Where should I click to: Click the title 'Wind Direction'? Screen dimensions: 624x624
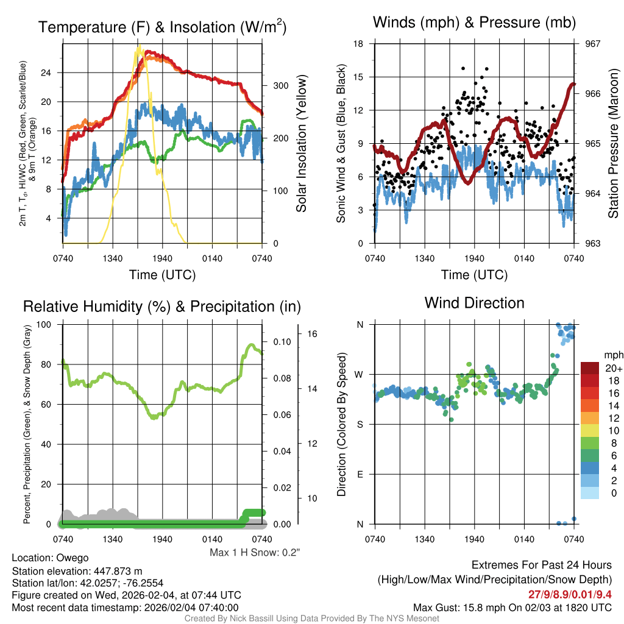click(474, 303)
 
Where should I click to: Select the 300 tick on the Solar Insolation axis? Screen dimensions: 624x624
click(280, 85)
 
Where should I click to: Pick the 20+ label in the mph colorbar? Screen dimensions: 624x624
click(613, 369)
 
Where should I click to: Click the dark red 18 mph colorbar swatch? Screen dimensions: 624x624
click(590, 380)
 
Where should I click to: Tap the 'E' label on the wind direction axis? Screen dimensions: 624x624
click(359, 474)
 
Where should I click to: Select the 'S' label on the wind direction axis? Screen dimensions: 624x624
click(359, 424)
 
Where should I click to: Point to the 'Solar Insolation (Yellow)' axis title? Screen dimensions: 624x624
click(301, 144)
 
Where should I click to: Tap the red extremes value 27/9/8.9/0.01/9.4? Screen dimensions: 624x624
click(570, 594)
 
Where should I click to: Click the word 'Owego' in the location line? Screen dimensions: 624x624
click(73, 558)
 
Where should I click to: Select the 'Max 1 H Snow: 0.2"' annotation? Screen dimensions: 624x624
click(255, 552)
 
